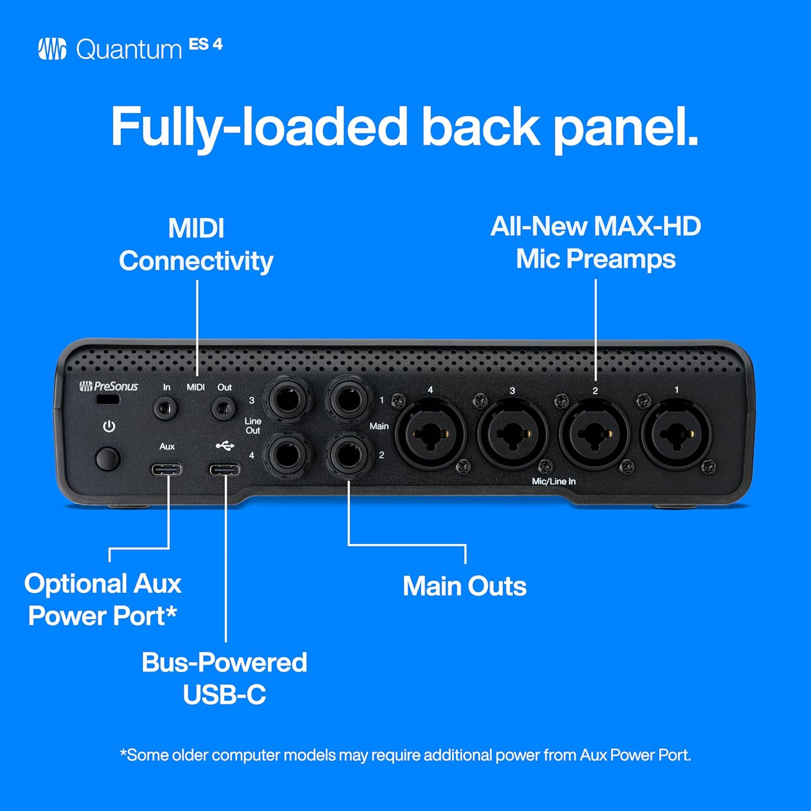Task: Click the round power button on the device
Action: coord(108,458)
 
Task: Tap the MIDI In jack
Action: coord(166,408)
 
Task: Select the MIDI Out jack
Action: coord(223,408)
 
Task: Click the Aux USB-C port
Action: coord(167,469)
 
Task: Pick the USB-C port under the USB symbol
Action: coord(225,469)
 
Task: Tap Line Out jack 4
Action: coord(288,454)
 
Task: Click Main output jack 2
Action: coord(349,454)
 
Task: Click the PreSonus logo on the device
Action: coord(109,386)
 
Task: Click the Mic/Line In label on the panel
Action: coord(554,481)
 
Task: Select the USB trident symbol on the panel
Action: coord(225,446)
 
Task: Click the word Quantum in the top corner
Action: coord(129,50)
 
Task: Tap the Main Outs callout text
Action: coord(464,586)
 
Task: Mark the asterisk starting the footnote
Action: coord(123,753)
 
